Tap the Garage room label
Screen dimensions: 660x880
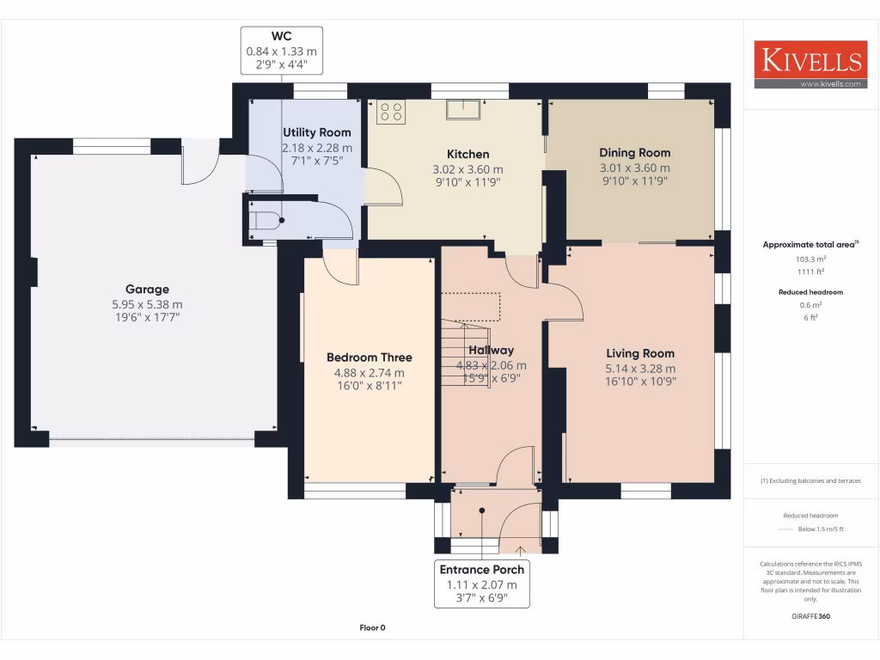point(147,290)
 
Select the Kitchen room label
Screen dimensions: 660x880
point(467,155)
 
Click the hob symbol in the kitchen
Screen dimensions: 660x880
point(391,111)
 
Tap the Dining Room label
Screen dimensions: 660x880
point(634,153)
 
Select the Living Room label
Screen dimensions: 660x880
point(640,353)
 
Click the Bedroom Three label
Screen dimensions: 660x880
point(369,357)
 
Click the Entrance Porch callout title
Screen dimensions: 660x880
point(482,570)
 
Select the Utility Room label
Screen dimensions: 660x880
point(316,132)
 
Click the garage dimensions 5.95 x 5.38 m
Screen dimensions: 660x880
point(147,304)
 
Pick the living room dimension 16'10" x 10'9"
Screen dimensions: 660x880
point(640,382)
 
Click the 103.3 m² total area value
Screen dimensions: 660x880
point(809,259)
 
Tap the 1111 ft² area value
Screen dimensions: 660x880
point(809,272)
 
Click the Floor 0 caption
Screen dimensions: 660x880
point(372,628)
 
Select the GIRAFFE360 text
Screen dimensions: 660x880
point(810,616)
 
